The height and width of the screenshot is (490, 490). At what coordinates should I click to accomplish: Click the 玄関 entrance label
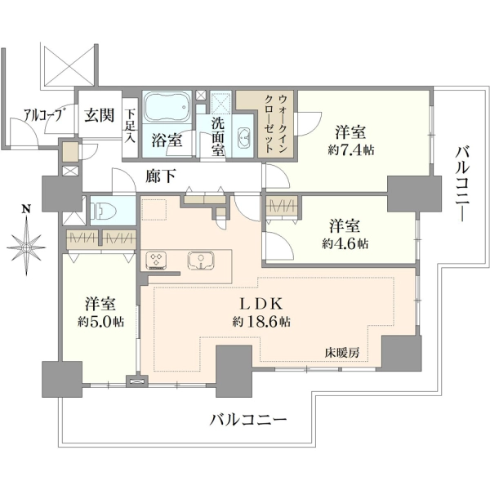click(x=99, y=116)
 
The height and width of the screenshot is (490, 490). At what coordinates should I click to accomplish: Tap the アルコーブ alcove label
click(x=42, y=115)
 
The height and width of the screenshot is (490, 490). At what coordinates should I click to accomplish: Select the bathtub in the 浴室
click(x=167, y=107)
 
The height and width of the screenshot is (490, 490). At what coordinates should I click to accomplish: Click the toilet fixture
click(x=104, y=210)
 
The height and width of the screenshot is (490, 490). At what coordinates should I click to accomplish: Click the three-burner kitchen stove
click(x=156, y=261)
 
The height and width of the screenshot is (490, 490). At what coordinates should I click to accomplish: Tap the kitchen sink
click(x=201, y=261)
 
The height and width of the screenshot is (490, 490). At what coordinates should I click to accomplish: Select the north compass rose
click(x=27, y=247)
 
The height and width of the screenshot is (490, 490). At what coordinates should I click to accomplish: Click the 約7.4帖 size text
click(x=351, y=150)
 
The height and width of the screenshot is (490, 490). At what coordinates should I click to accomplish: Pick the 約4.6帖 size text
click(x=345, y=243)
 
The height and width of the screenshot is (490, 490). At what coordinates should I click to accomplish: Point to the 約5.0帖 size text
click(x=101, y=322)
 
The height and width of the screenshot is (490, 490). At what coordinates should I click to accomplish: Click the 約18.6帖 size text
click(x=261, y=321)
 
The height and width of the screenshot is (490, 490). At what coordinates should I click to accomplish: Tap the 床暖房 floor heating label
click(x=341, y=354)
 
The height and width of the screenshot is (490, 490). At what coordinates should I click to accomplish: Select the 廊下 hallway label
click(x=160, y=176)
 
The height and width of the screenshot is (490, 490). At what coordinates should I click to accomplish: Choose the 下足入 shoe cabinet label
click(x=129, y=126)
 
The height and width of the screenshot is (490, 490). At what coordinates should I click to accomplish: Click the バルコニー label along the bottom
click(x=247, y=419)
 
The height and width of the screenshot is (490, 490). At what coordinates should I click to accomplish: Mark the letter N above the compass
click(x=26, y=209)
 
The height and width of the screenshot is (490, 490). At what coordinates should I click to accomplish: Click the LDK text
click(x=261, y=304)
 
